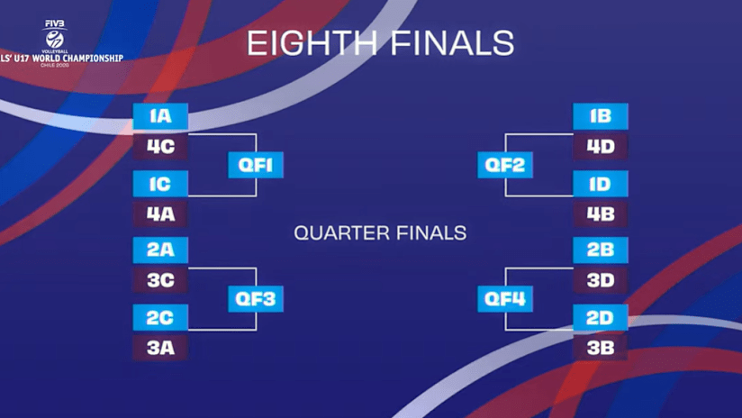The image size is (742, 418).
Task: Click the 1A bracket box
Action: pos(160,116)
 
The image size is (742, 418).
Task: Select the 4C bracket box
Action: pos(160,146)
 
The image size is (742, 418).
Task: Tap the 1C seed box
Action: pos(160,184)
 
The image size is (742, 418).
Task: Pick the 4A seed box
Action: pos(160,214)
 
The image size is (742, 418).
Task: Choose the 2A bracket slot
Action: pos(160,250)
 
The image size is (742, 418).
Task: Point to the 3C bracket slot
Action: pos(160,280)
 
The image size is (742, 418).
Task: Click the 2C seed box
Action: pos(160,318)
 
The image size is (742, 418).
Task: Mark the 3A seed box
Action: pos(160,348)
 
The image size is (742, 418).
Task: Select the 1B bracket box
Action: pos(601,116)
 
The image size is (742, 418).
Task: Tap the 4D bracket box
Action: pos(601,146)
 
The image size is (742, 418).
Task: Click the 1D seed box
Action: pos(601,184)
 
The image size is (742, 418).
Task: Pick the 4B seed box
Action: pos(601,214)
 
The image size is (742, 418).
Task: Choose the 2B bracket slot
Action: pos(601,250)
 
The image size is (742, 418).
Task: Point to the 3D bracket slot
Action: pos(601,280)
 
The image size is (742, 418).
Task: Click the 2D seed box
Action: pos(601,318)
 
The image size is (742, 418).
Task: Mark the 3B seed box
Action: pos(601,348)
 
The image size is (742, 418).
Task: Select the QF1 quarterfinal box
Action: pos(256,165)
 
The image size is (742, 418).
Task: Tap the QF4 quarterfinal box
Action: pos(505,299)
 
